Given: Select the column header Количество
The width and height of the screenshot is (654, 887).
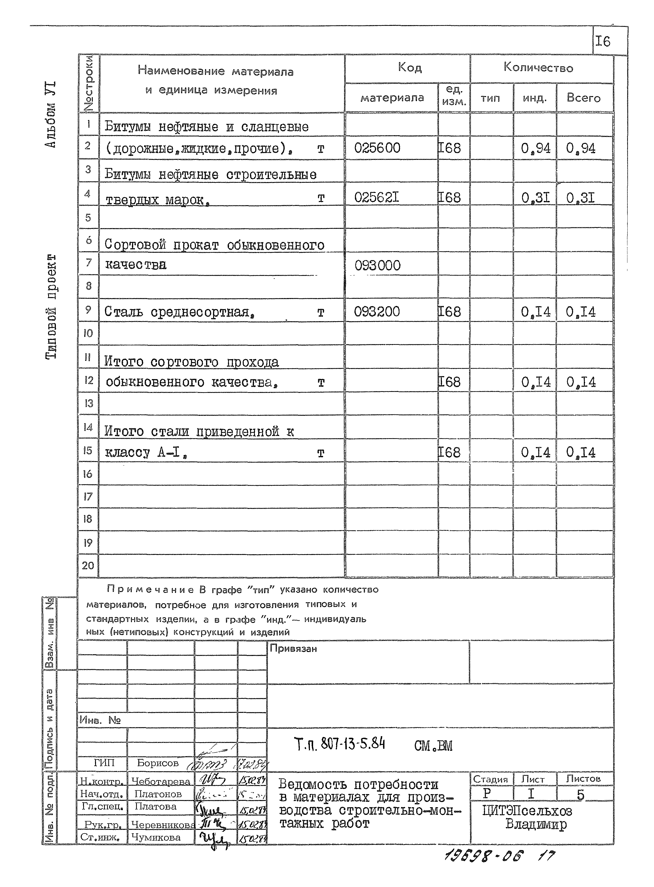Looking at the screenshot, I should [x=538, y=68].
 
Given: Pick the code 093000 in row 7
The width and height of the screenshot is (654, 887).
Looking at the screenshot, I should [x=377, y=266].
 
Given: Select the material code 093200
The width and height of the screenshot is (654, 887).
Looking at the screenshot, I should [x=377, y=312].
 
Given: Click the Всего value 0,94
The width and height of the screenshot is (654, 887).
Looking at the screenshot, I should [x=580, y=149].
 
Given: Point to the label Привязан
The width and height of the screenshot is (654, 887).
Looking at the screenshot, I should [x=293, y=649].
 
